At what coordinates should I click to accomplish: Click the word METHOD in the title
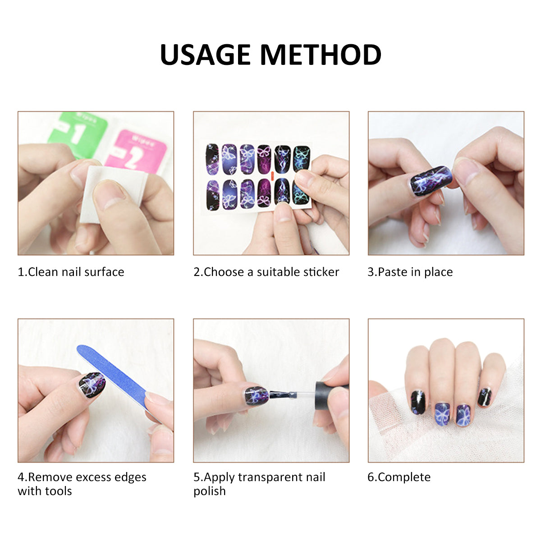(x=321, y=55)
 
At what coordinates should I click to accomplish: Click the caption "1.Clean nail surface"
(x=71, y=272)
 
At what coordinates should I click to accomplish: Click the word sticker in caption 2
(x=321, y=272)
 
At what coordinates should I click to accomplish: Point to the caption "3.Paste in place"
(x=410, y=272)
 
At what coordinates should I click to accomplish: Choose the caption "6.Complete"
(x=399, y=477)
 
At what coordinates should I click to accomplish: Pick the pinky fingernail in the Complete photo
(x=485, y=397)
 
